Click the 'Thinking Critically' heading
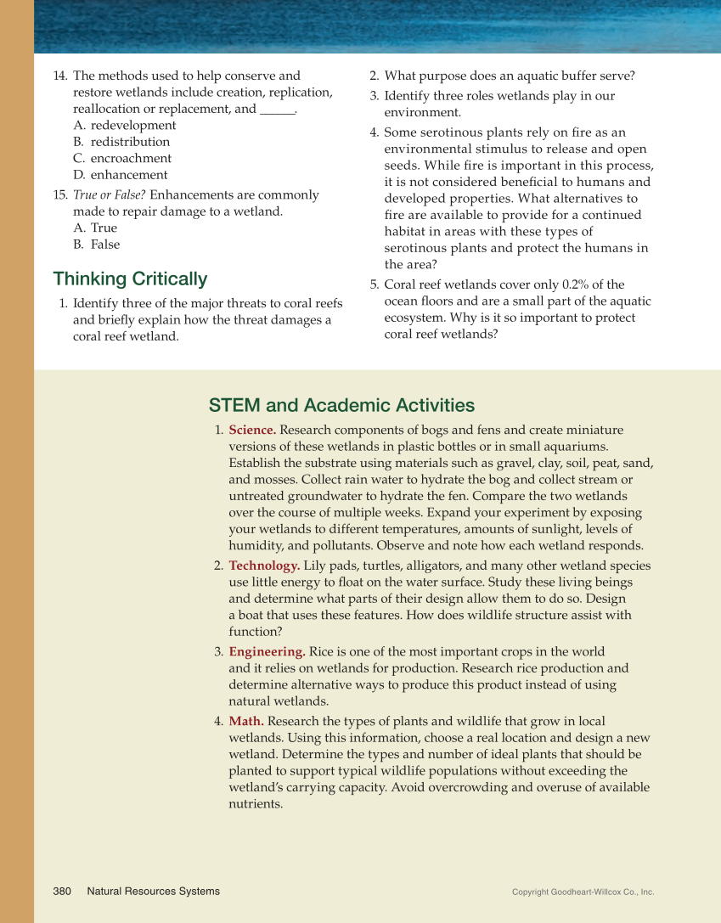pyautogui.click(x=130, y=279)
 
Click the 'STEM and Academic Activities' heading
pyautogui.click(x=341, y=405)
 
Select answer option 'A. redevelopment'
pyautogui.click(x=125, y=126)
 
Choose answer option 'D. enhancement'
pyautogui.click(x=121, y=175)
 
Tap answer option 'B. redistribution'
pyautogui.click(x=121, y=142)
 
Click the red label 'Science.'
pyautogui.click(x=252, y=431)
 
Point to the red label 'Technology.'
pyautogui.click(x=264, y=566)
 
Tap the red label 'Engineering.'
pyautogui.click(x=267, y=652)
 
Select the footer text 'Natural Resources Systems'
pyautogui.click(x=153, y=891)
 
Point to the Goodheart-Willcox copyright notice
pyautogui.click(x=583, y=892)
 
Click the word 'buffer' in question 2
pyautogui.click(x=551, y=76)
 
